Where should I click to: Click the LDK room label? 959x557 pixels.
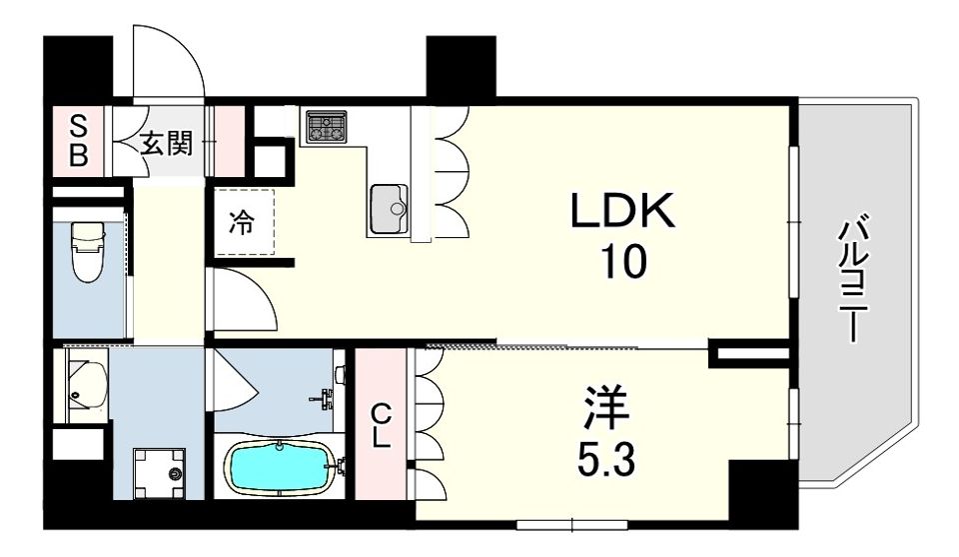pos(622,211)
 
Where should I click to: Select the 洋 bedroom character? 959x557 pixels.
pos(606,407)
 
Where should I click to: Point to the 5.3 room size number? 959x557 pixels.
pos(606,459)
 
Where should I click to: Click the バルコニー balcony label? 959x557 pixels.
pos(852,279)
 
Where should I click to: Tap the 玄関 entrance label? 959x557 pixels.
pos(167,143)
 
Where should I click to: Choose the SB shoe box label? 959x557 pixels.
pos(78,142)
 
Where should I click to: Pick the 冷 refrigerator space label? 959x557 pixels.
pos(242,222)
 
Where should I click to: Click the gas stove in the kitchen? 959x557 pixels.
pos(327,127)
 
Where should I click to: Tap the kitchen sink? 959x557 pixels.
pos(389,209)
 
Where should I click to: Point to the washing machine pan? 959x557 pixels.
pos(159,473)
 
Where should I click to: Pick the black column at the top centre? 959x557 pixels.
pos(461,67)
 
